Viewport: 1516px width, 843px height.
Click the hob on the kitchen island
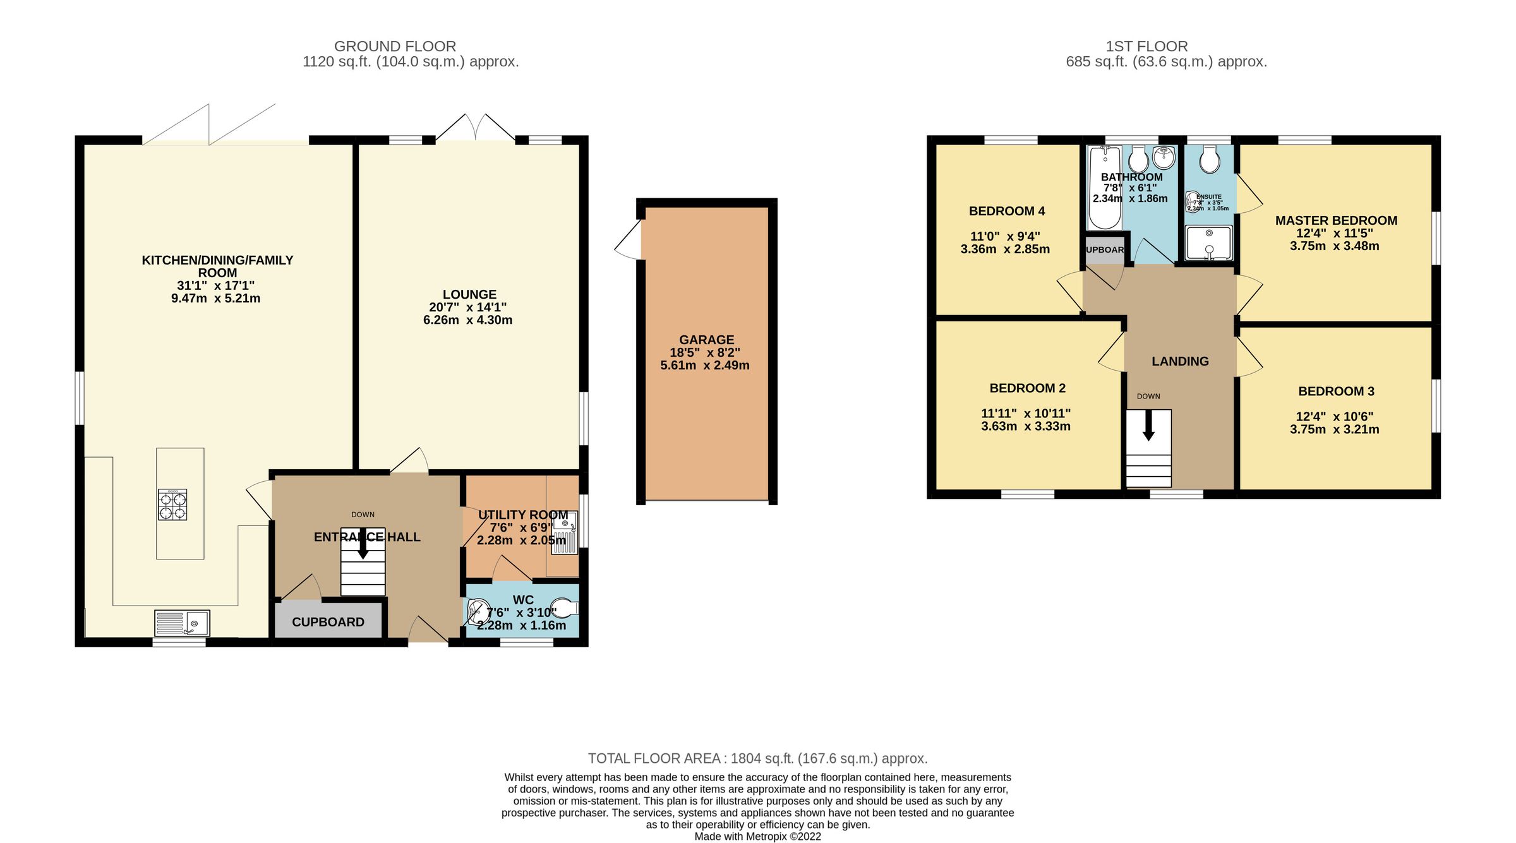172,505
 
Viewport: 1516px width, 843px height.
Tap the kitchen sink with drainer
182,623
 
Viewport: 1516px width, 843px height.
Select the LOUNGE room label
469,294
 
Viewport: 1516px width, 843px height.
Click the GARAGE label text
706,340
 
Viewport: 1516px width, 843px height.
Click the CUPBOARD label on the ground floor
328,622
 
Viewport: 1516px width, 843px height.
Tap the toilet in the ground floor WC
564,609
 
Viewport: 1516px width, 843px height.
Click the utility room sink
565,534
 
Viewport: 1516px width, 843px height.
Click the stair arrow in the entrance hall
363,544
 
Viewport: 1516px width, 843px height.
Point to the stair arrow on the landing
1148,426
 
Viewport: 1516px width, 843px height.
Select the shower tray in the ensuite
1208,243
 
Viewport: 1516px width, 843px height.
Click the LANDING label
1180,361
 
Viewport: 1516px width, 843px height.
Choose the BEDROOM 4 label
1007,211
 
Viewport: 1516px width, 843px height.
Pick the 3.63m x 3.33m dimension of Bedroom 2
1025,426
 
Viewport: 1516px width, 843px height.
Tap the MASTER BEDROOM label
1335,220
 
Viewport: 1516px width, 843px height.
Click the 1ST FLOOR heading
1146,46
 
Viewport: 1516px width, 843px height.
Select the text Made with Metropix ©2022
757,837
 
